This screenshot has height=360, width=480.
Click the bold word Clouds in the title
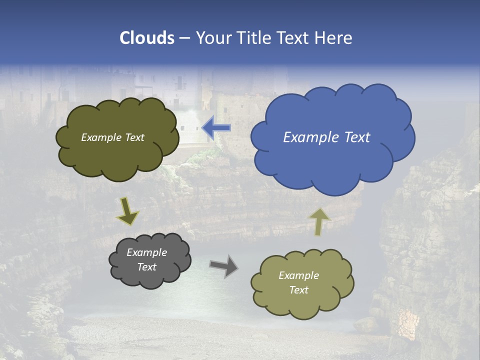pos(147,38)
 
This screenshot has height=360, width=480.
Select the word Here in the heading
pos(334,38)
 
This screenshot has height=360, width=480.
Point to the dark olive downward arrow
pos(127,211)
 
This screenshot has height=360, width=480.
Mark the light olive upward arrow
pos(318,221)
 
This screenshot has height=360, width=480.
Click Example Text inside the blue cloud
pos(326,137)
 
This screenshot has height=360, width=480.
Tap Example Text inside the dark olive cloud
pos(112,137)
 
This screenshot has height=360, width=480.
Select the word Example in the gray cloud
pos(146,252)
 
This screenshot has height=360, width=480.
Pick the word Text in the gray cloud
pos(146,267)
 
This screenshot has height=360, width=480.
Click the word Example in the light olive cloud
pos(298,275)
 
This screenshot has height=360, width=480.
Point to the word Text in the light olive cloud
pos(298,290)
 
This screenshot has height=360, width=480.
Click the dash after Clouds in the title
pos(184,38)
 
